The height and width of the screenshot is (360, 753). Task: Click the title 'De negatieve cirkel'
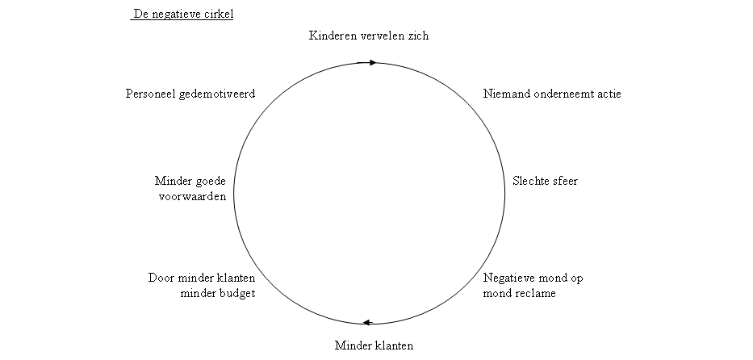(183, 15)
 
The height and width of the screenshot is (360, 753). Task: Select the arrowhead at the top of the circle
(371, 62)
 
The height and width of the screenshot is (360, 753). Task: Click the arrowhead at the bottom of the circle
(366, 322)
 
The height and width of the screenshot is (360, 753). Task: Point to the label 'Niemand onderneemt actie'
(552, 94)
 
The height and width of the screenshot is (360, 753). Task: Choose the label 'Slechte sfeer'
(545, 181)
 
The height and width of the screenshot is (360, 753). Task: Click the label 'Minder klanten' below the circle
(374, 346)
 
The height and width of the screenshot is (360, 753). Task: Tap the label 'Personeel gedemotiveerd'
(190, 94)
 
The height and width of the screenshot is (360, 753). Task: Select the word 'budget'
(235, 293)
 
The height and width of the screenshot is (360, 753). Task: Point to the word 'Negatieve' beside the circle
(508, 278)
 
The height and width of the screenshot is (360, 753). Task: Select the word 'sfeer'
(564, 181)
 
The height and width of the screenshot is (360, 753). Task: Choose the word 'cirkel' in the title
(217, 15)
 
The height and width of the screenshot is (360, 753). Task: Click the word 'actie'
(608, 94)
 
